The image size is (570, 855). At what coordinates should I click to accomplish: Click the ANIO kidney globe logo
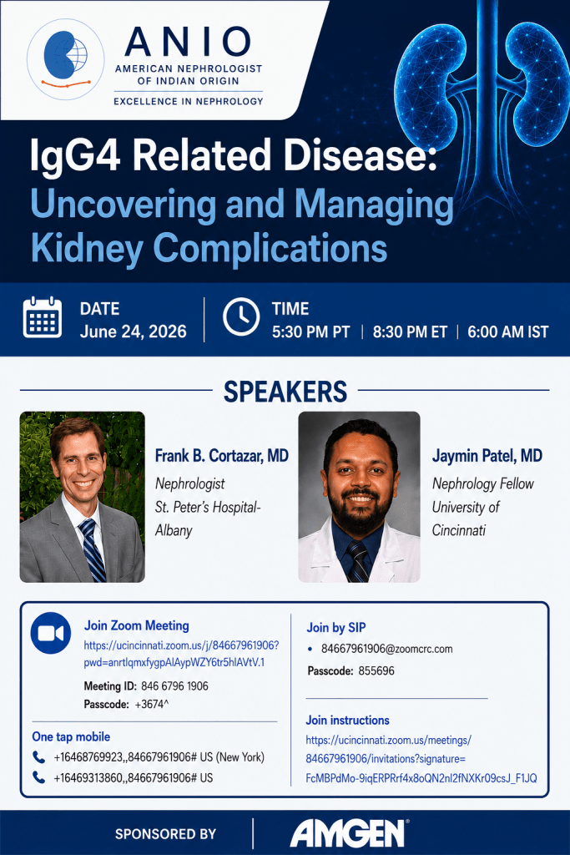pyautogui.click(x=66, y=59)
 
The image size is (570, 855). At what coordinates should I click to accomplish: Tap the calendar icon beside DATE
pyautogui.click(x=43, y=317)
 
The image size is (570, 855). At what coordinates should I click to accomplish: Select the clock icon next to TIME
pyautogui.click(x=241, y=316)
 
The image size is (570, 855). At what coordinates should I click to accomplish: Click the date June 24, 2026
pyautogui.click(x=133, y=331)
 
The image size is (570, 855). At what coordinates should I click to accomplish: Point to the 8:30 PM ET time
pyautogui.click(x=410, y=332)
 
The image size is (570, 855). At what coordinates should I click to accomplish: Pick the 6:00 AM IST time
pyautogui.click(x=508, y=332)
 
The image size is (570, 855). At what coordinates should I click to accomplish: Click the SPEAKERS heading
pyautogui.click(x=285, y=392)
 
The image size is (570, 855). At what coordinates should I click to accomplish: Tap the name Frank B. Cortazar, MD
pyautogui.click(x=222, y=455)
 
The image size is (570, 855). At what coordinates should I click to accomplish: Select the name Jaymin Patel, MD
pyautogui.click(x=487, y=455)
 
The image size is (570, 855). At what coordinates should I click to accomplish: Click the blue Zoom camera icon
pyautogui.click(x=51, y=633)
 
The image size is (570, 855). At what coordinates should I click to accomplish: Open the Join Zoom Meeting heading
pyautogui.click(x=136, y=625)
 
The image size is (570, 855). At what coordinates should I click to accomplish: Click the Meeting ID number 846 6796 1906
pyautogui.click(x=174, y=686)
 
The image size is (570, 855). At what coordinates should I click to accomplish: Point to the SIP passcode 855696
pyautogui.click(x=376, y=670)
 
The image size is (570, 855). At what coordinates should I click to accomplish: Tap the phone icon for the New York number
pyautogui.click(x=38, y=756)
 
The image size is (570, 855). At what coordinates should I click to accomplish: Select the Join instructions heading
pyautogui.click(x=347, y=721)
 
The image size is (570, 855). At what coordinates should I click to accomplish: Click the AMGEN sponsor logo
pyautogui.click(x=350, y=833)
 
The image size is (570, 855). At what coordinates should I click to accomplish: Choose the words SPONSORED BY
pyautogui.click(x=166, y=834)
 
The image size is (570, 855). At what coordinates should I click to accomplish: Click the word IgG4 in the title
pyautogui.click(x=76, y=155)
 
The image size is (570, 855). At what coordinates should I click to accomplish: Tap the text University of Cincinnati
pyautogui.click(x=466, y=519)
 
